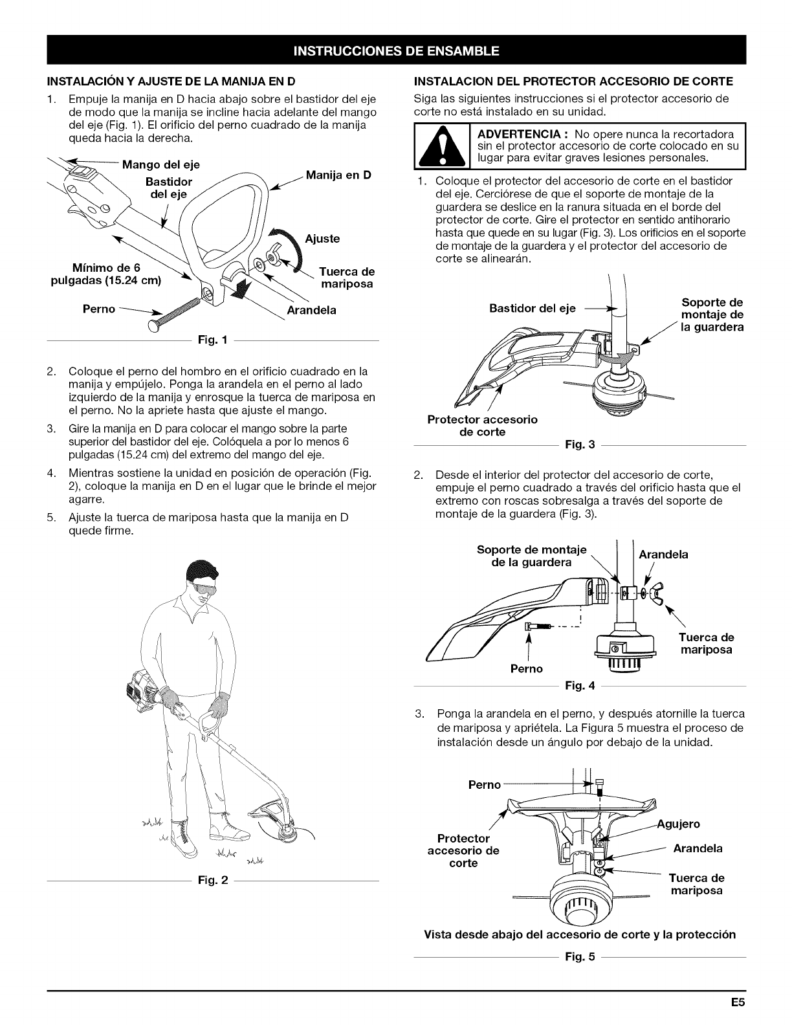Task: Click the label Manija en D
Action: (338, 175)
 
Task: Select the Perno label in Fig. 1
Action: (99, 309)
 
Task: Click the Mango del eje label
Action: (161, 164)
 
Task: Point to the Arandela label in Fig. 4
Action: (663, 555)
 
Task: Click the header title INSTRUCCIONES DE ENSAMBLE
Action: (396, 50)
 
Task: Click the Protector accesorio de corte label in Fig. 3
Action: (482, 425)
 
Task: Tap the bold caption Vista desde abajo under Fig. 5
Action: (580, 934)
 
